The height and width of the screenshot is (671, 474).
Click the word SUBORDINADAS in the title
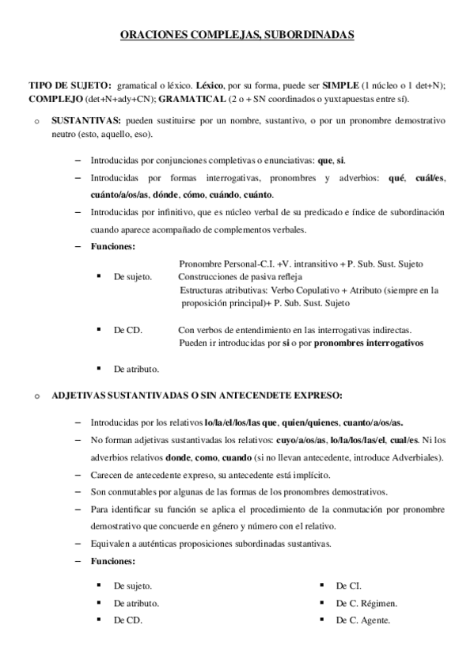click(309, 35)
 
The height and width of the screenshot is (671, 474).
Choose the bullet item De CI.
click(349, 586)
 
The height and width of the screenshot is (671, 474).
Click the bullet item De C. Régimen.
click(366, 604)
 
